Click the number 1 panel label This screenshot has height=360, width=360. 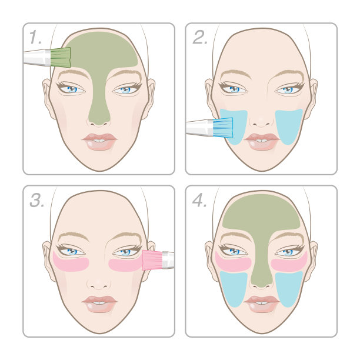[x=35, y=37]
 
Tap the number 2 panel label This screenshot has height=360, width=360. [x=200, y=37]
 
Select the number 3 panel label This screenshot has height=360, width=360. [x=36, y=200]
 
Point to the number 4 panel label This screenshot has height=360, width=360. [x=199, y=200]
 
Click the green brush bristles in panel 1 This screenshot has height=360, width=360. [x=61, y=58]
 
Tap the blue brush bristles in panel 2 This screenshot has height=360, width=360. [x=223, y=128]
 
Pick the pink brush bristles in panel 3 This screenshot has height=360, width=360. [x=152, y=260]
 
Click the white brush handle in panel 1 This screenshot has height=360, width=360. [x=36, y=58]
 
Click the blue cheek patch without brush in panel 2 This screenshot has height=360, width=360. [x=289, y=126]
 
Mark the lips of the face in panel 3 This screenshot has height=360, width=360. [x=99, y=304]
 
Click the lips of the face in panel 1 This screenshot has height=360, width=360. [x=99, y=142]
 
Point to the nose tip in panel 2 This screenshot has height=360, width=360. [x=262, y=122]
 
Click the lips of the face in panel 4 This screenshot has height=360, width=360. [x=262, y=304]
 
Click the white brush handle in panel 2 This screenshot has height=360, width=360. [x=200, y=128]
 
